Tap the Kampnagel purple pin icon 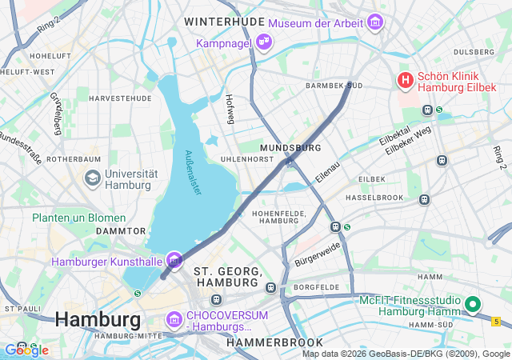pyautogui.click(x=264, y=41)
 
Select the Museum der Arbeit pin pyautogui.click(x=374, y=23)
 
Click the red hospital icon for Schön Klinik pyautogui.click(x=406, y=80)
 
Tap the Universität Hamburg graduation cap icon pyautogui.click(x=92, y=177)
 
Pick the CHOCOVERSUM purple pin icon pyautogui.click(x=174, y=320)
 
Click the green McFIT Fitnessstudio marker pyautogui.click(x=472, y=304)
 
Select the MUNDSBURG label pyautogui.click(x=291, y=148)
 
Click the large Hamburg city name pyautogui.click(x=98, y=320)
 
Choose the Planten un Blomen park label pyautogui.click(x=78, y=218)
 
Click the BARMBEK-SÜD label pyautogui.click(x=334, y=85)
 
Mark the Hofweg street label pyautogui.click(x=230, y=110)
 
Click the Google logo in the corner pyautogui.click(x=26, y=350)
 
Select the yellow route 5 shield pyautogui.click(x=496, y=321)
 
